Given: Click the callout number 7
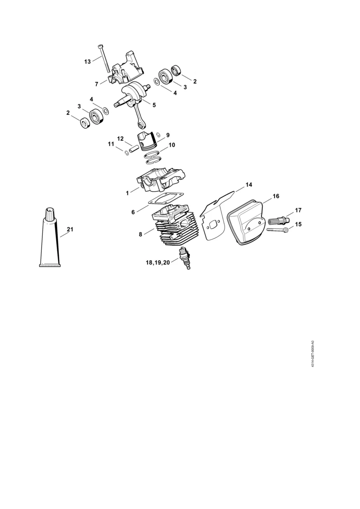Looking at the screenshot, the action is (96, 85).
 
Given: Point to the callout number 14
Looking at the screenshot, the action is (248, 185).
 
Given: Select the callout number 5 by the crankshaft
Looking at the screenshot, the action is (154, 105).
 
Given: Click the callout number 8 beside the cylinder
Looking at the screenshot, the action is (140, 234).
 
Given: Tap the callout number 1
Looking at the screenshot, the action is (127, 193).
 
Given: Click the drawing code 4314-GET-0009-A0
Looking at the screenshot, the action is (312, 354).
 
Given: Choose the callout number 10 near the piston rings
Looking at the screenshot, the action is (172, 145).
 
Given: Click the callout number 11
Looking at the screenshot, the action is (111, 144).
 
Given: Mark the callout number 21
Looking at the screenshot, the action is (70, 229).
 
